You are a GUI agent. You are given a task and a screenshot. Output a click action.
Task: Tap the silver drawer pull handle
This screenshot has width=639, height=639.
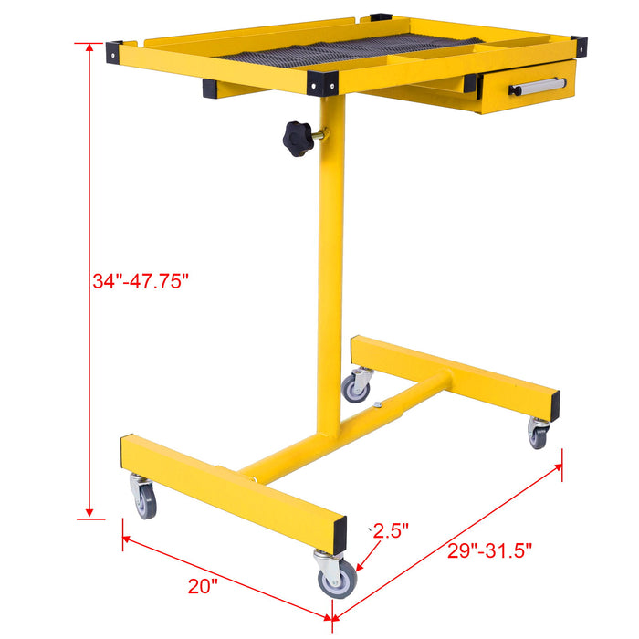(x=539, y=87)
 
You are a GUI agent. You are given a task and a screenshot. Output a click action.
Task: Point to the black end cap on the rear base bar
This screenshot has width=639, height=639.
(x=554, y=402)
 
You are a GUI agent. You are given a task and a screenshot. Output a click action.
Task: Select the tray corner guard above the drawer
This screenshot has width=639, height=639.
(x=578, y=46)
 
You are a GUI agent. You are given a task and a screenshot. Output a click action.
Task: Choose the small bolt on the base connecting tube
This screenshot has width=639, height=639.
(x=377, y=403)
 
